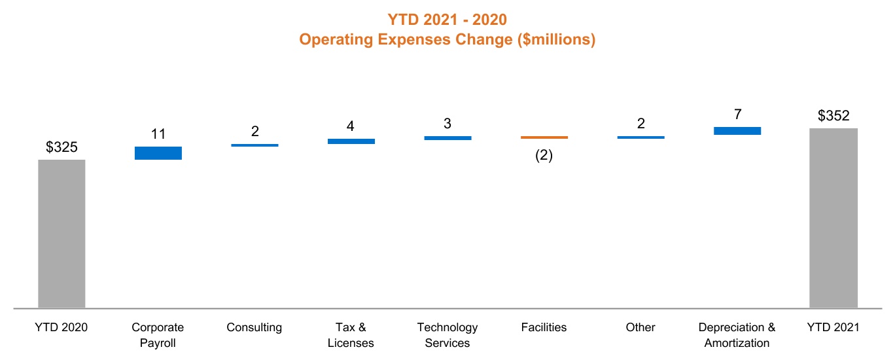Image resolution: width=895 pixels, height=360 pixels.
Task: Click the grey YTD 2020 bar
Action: [61, 233]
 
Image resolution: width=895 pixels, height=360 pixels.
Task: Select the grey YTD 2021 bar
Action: [833, 217]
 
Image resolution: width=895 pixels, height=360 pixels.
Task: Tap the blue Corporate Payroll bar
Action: [158, 153]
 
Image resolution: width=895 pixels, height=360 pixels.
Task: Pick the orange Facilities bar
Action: [544, 137]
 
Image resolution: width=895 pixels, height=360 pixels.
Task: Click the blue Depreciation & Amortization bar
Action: [737, 131]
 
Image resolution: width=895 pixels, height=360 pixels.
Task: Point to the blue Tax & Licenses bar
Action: [351, 141]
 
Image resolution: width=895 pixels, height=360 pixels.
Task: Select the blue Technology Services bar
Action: [448, 138]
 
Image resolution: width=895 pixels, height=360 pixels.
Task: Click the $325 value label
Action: [61, 148]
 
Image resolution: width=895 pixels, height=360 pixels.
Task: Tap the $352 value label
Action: [833, 117]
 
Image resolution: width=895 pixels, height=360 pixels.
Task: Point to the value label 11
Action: [158, 135]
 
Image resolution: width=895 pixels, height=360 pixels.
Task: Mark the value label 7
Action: [737, 115]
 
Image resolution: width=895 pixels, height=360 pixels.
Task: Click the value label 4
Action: [351, 126]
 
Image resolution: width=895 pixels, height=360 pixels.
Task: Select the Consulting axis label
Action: [254, 327]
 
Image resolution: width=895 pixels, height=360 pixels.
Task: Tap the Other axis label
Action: [640, 327]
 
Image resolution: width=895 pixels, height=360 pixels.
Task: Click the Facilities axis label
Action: [544, 327]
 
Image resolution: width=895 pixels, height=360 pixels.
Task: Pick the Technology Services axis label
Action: [448, 334]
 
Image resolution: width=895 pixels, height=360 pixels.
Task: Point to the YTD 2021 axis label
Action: [833, 327]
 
